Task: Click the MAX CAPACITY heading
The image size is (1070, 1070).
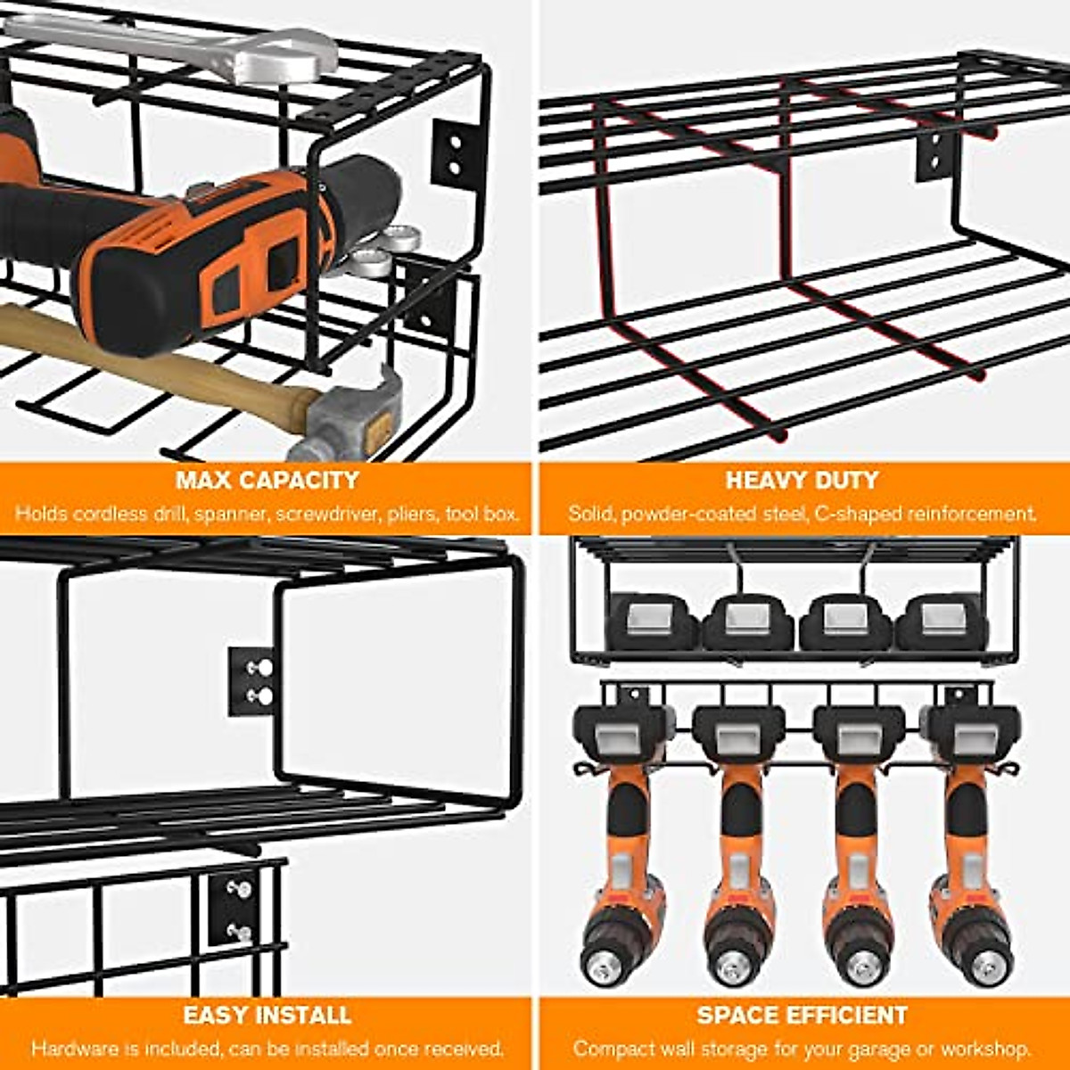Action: pos(267,481)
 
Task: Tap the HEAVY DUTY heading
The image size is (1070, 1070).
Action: pos(802,481)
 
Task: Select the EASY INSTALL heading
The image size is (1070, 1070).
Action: pos(267,1016)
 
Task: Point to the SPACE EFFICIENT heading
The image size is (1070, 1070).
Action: pos(802,1016)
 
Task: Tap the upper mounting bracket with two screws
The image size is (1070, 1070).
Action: pos(251,681)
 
